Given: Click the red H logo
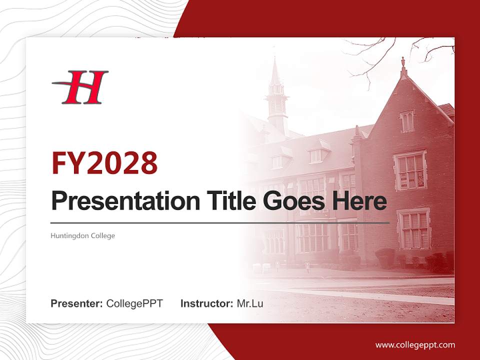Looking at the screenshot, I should (80, 87).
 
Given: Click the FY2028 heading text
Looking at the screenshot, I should (104, 162).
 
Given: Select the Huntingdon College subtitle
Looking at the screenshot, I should (82, 235).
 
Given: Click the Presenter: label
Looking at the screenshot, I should (77, 303).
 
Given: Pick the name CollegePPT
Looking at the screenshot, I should (134, 303).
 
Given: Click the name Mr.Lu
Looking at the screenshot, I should (250, 303).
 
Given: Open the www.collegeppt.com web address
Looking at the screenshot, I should (415, 345).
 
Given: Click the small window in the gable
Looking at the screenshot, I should (406, 121).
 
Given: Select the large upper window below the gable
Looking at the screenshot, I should (410, 170).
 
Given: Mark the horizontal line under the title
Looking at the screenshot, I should (220, 223).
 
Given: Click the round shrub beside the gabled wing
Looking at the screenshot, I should (385, 258).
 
